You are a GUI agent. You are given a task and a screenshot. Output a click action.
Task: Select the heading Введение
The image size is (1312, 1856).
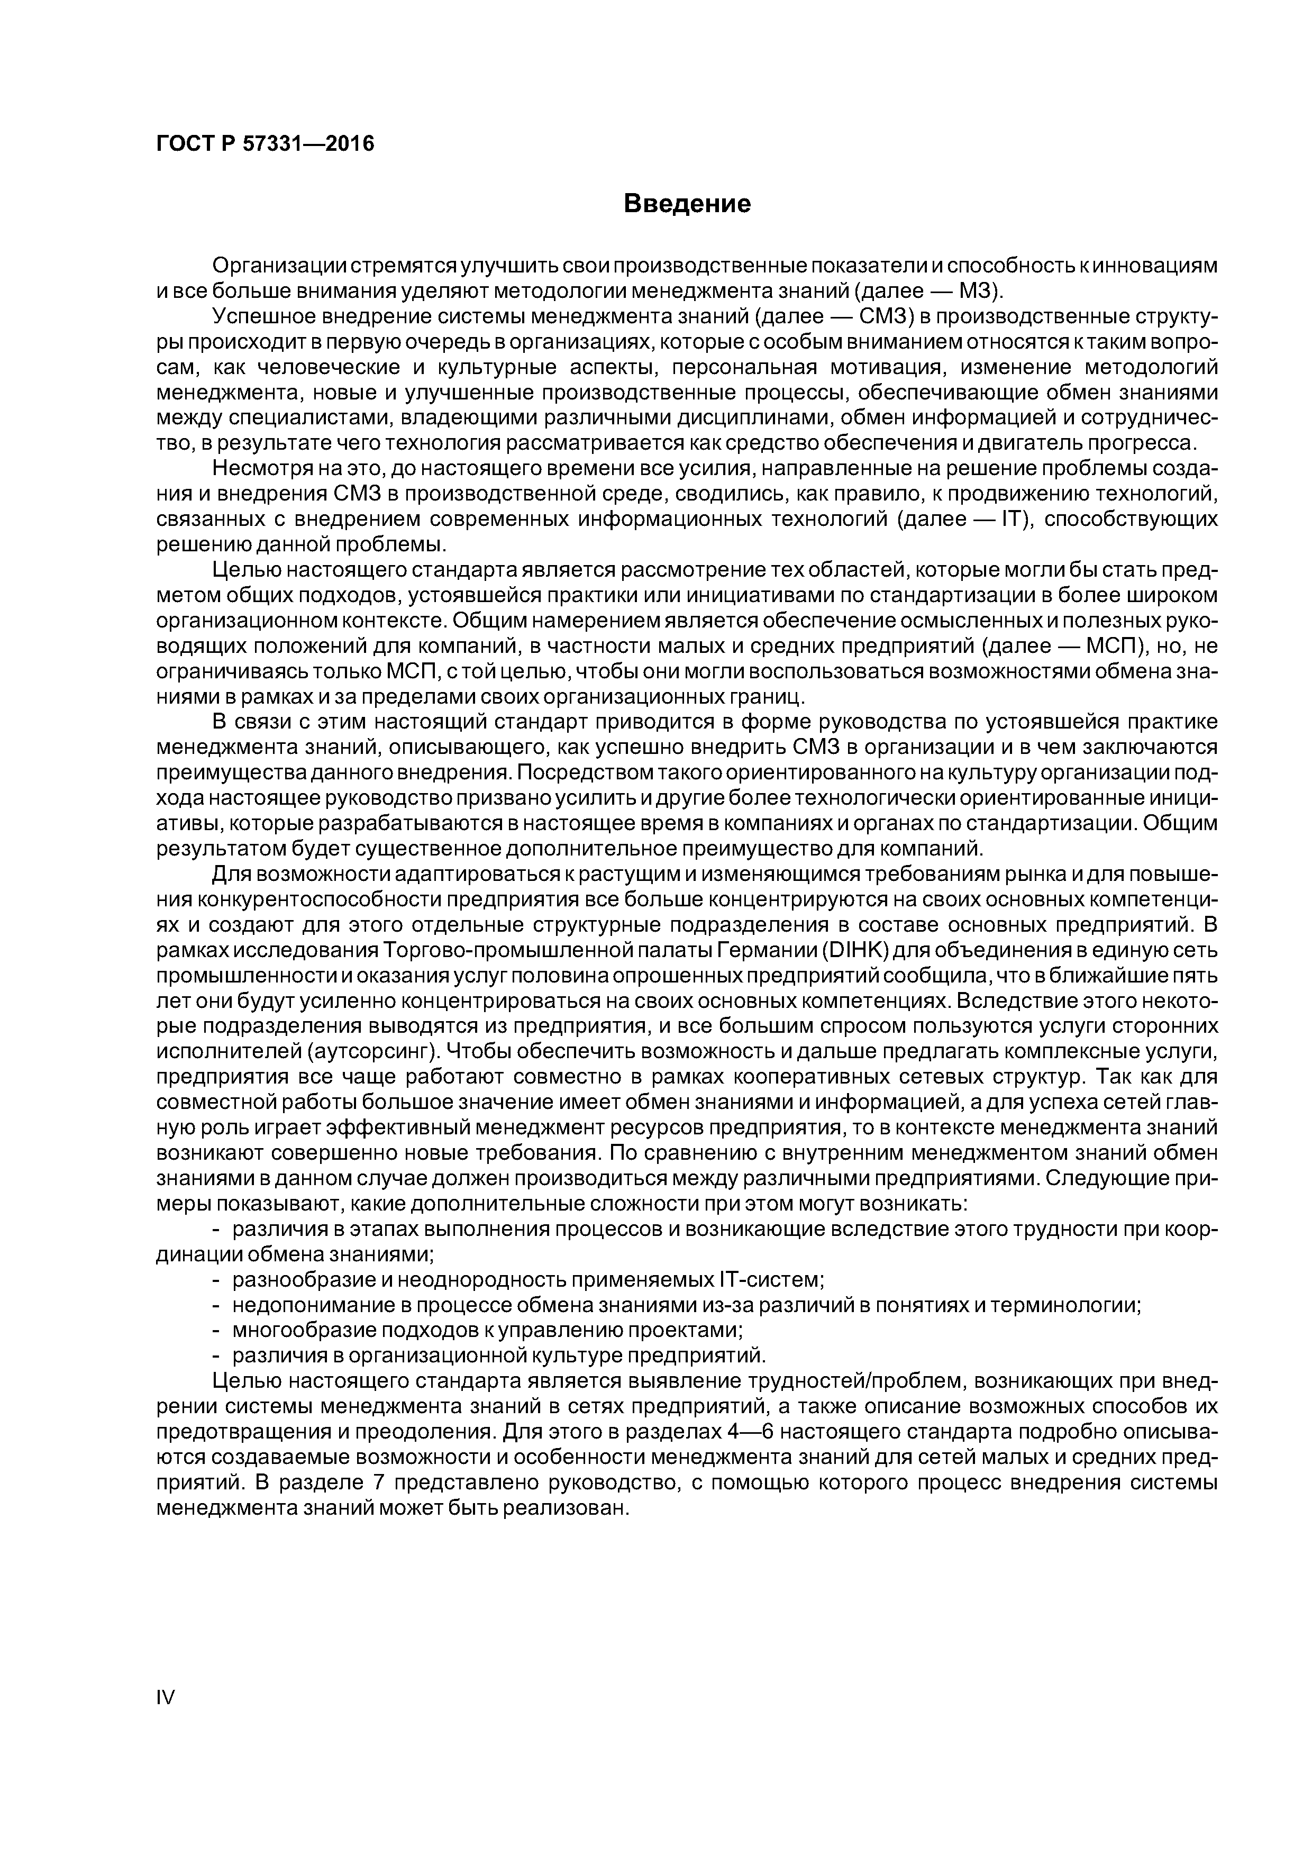click(x=687, y=204)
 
